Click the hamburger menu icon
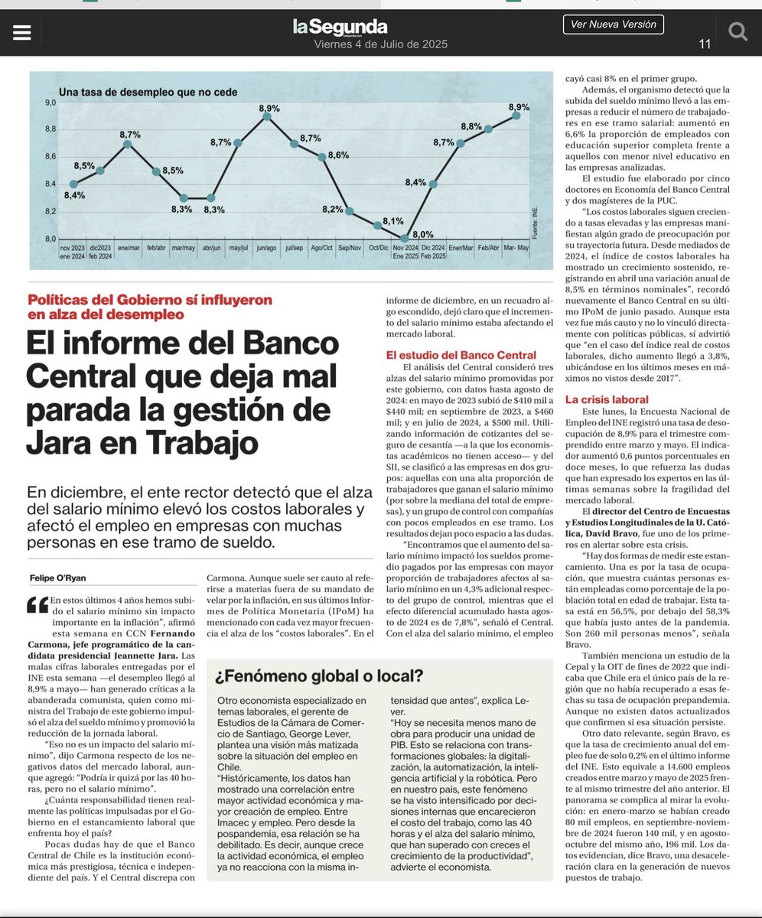click(x=22, y=31)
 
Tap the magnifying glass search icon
click(x=738, y=31)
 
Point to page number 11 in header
click(x=705, y=44)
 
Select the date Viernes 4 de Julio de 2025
click(x=380, y=44)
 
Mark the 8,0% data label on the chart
click(x=423, y=233)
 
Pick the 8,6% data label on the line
click(x=337, y=154)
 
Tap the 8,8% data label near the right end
click(x=471, y=125)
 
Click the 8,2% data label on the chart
click(x=332, y=208)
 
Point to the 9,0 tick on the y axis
click(x=50, y=103)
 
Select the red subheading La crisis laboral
click(x=607, y=399)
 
